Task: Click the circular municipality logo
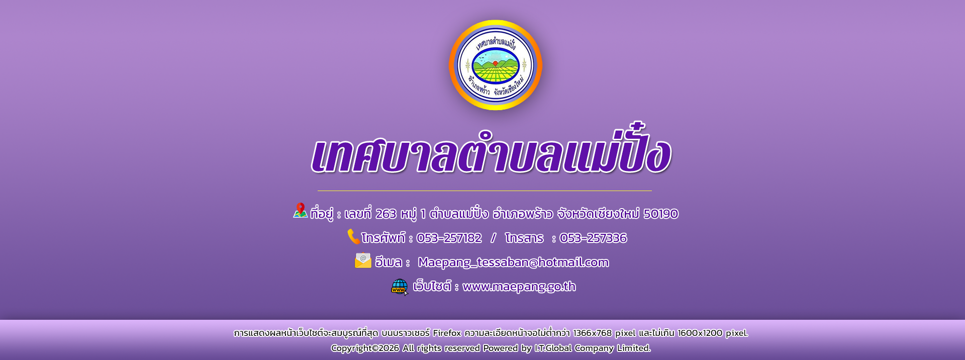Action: (496, 65)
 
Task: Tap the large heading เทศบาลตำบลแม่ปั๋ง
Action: (491, 150)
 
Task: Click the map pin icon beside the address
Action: (301, 210)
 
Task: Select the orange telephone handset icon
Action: (354, 236)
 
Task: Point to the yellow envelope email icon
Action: (363, 260)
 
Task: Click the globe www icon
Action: (400, 287)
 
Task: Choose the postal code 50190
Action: (661, 214)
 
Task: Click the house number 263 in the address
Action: (386, 214)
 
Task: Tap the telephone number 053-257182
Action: (449, 238)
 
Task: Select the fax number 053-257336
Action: (593, 238)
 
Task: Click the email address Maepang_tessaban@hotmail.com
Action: (513, 262)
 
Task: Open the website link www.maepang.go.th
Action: (519, 287)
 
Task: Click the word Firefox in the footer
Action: (447, 333)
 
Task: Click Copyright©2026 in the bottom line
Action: (365, 348)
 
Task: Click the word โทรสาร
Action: (524, 238)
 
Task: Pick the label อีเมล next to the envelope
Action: (389, 262)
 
